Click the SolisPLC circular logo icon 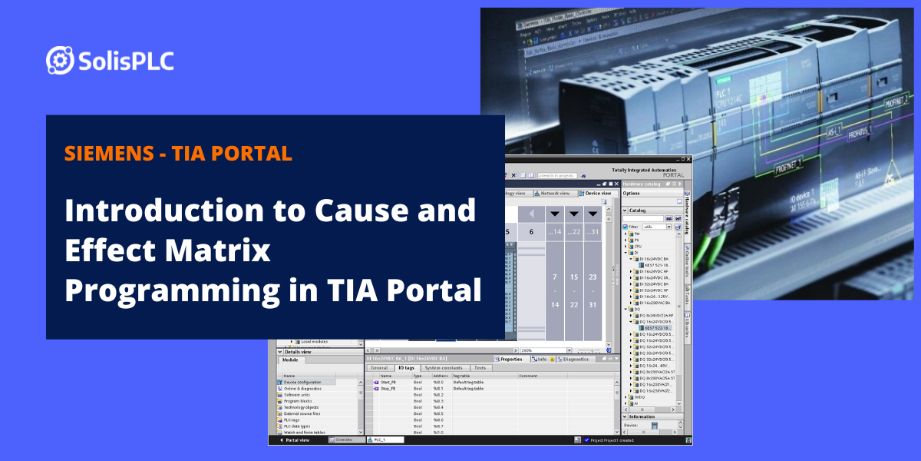tap(60, 60)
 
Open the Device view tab tap(598, 193)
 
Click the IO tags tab tap(405, 368)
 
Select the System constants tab tap(444, 368)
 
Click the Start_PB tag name tap(388, 382)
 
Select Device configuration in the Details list tap(302, 382)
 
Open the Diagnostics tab tap(573, 359)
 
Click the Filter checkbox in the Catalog tap(626, 227)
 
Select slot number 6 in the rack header tap(531, 232)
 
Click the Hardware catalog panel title tap(642, 184)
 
